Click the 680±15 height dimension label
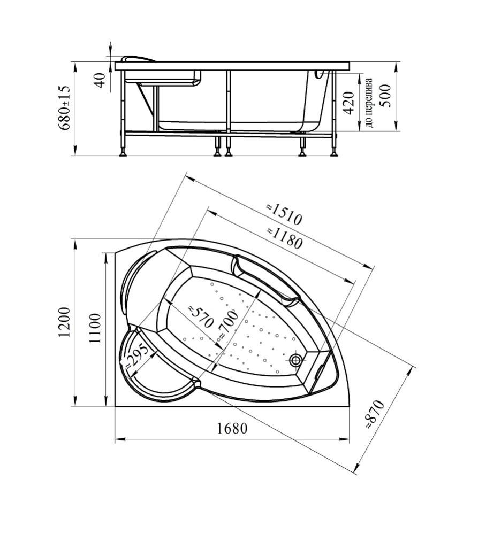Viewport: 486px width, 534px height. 64,108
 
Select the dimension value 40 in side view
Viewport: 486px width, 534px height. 100,80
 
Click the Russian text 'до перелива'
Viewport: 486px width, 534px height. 369,103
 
